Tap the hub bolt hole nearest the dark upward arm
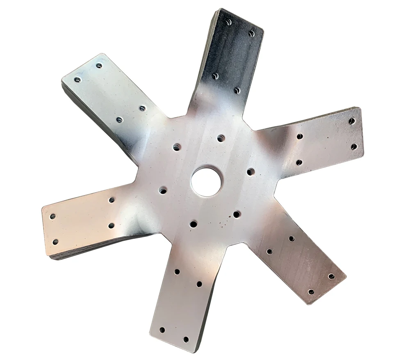coord(221,138)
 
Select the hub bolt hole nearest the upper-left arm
coord(177,147)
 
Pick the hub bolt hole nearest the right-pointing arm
coord(251,172)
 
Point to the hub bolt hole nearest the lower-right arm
coord(237,214)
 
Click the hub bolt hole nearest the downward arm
coord(193,224)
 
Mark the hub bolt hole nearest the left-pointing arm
coord(163,190)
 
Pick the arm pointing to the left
coord(86,222)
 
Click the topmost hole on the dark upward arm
coord(229,22)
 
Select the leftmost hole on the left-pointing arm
coord(52,216)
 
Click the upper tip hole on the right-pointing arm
coord(351,121)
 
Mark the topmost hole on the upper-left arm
coord(99,65)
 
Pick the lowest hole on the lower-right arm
coord(311,292)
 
